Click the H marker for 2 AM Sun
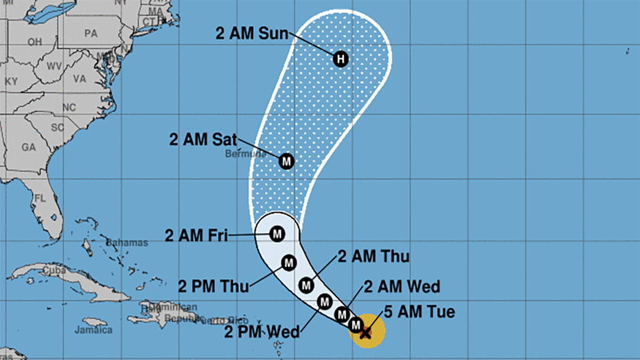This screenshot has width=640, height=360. coord(341,59)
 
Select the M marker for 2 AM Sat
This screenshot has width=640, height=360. coord(287,161)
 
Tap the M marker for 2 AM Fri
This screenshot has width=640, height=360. coord(277,234)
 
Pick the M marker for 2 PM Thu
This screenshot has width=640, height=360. coord(289,262)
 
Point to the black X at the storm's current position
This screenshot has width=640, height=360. coord(366,333)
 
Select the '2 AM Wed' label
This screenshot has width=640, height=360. coord(402,286)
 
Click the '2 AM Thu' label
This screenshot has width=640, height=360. coord(374,257)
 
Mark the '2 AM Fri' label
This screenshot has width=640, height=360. coord(196,236)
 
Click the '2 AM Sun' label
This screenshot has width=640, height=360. coord(252,33)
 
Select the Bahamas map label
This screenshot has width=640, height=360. coord(126,243)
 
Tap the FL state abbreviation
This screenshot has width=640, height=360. coord(40,198)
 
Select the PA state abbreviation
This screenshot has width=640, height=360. coord(91,33)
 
